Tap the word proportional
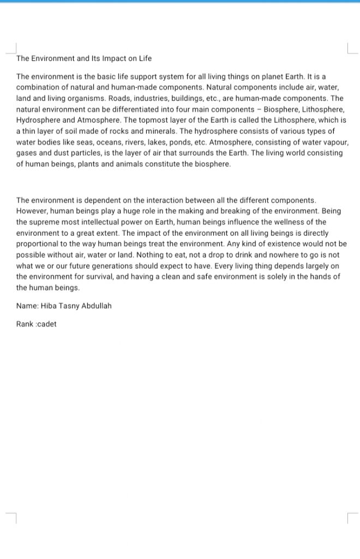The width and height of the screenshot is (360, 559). pyautogui.click(x=38, y=244)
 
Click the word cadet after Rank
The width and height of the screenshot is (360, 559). pyautogui.click(x=46, y=324)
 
